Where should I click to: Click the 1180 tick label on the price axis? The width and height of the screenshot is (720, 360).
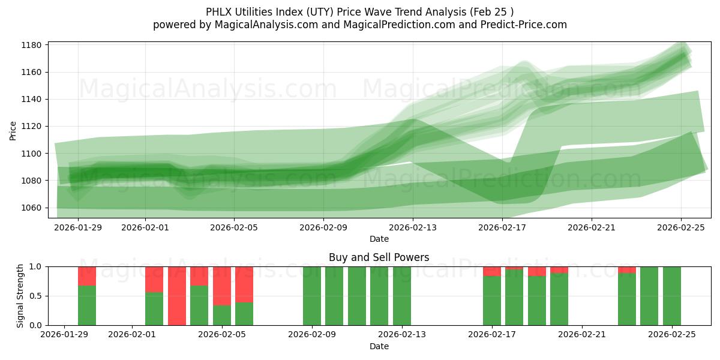pos(31,45)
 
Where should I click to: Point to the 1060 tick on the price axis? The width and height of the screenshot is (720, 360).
pos(31,208)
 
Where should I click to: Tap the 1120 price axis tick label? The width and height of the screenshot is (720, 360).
pos(31,127)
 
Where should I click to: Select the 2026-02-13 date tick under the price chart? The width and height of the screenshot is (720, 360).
pos(413,227)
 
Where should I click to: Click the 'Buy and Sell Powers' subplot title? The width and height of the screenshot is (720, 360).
pos(379,257)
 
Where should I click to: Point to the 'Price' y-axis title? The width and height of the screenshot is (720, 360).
pos(13,130)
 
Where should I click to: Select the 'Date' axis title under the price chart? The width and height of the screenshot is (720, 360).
pos(379,239)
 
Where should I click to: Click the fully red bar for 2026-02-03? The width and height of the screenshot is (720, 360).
pos(177,296)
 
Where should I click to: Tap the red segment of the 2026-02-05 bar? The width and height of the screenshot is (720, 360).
pos(222,286)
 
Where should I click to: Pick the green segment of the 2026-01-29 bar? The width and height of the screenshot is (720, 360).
pos(87,305)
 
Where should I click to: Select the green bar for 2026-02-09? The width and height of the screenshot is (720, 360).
pos(312,296)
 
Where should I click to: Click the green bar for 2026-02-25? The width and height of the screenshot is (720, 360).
pos(671,296)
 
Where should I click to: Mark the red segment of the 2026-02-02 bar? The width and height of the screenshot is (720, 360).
pos(154,279)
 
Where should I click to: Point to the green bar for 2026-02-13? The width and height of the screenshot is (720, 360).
pos(402,296)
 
